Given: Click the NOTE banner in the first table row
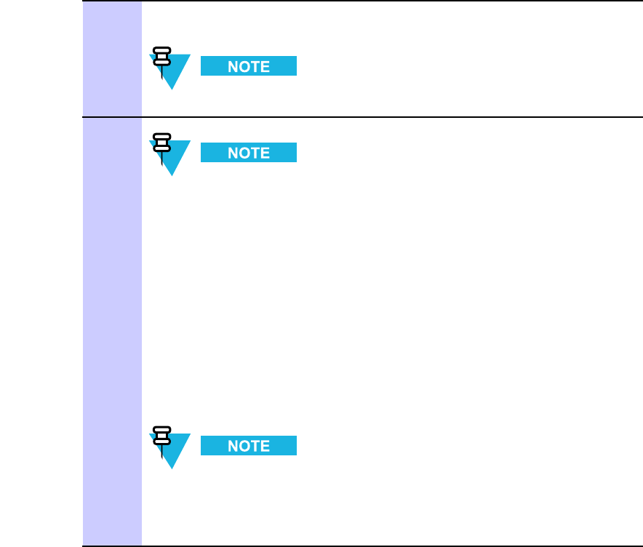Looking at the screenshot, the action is coord(249,66).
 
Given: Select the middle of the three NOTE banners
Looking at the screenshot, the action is coord(249,153).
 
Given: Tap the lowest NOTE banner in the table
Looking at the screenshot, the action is coord(249,446).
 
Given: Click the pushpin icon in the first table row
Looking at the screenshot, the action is coord(161,61).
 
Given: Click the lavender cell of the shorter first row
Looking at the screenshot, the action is coord(112,58).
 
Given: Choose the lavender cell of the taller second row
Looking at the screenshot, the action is coord(112,331).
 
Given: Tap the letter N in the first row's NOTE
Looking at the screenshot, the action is coord(233,66).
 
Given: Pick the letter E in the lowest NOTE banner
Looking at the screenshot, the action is coord(265,446).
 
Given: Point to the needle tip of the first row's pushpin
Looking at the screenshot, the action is coord(161,79).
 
